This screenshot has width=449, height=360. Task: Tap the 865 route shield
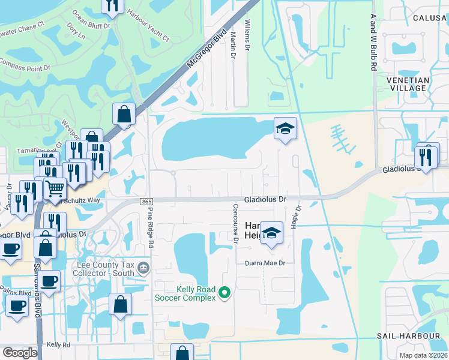pos(148,202)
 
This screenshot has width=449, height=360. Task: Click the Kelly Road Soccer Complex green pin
pos(225,293)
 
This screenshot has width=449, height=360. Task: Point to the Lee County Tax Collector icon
pos(143,267)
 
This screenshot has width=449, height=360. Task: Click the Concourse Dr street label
pos(236,224)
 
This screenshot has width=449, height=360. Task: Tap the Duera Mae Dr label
pos(264,263)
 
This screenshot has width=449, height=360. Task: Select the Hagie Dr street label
pos(298,214)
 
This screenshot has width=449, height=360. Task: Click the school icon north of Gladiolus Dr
pos(286,128)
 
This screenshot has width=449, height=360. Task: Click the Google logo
pos(20,353)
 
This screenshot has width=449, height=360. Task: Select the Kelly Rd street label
pos(58,345)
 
